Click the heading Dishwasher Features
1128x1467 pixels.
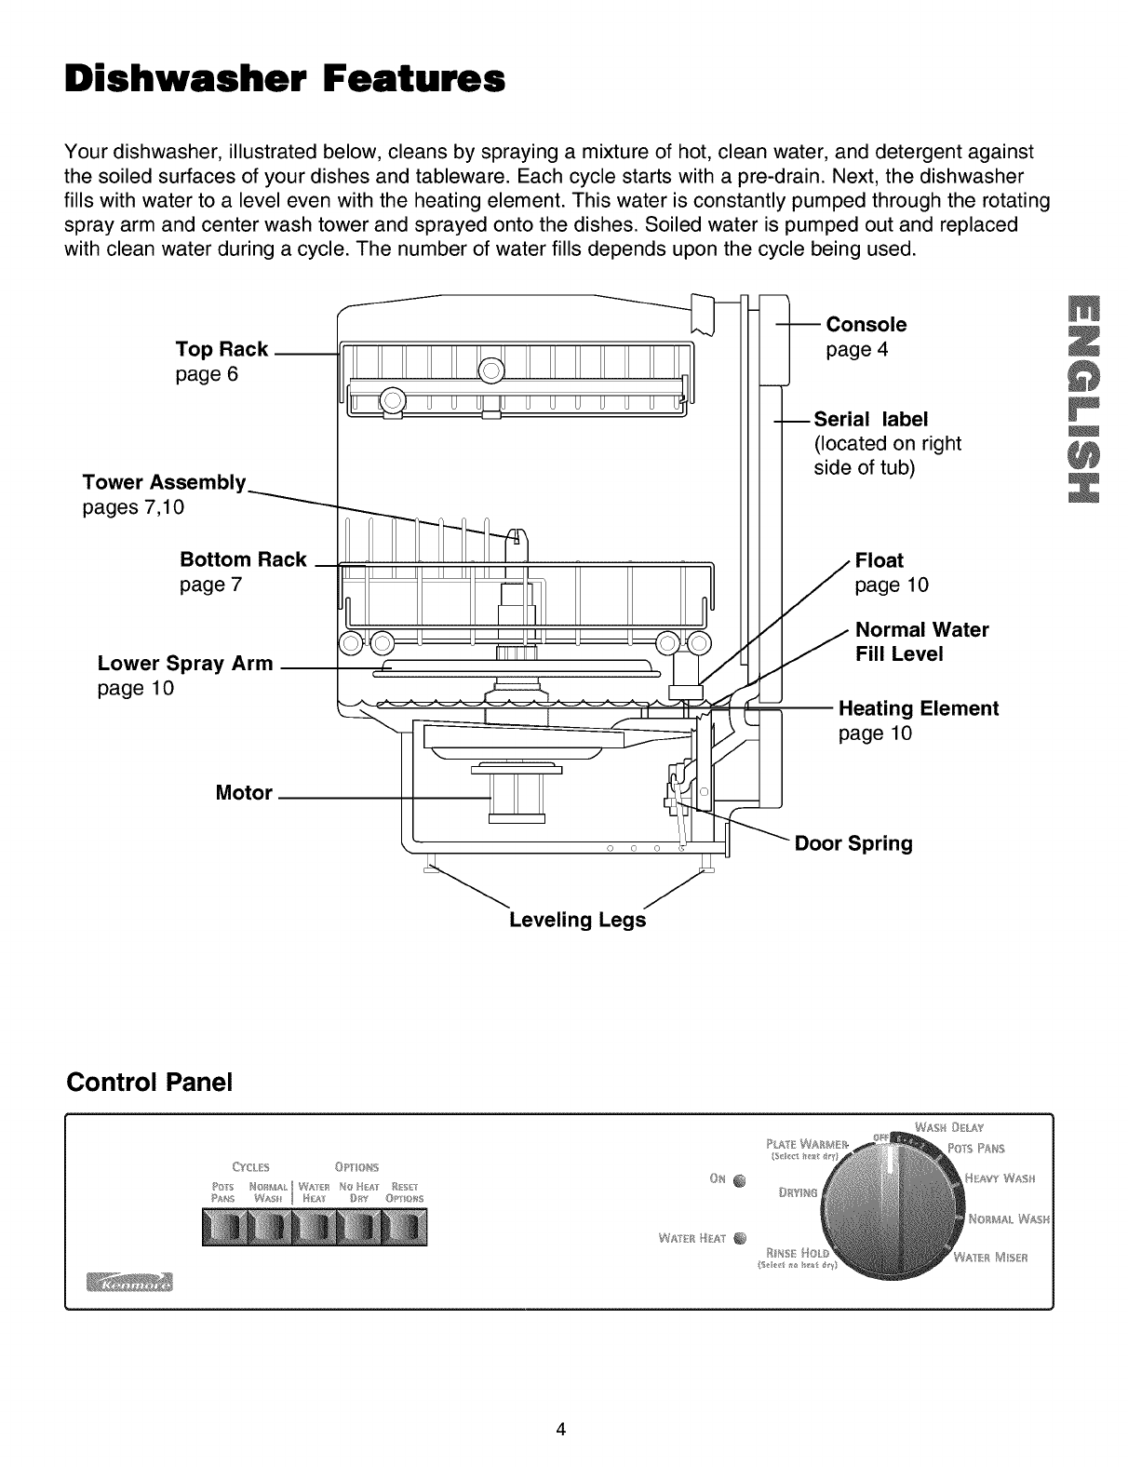tap(284, 79)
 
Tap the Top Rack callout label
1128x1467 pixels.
tap(222, 349)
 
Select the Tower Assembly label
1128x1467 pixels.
tap(164, 482)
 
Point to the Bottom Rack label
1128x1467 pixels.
tap(243, 559)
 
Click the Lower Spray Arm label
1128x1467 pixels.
tap(185, 664)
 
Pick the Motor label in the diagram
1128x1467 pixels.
tap(244, 793)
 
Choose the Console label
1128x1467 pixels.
tap(866, 325)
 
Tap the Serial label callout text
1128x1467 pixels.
tap(871, 419)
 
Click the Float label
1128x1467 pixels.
tap(879, 560)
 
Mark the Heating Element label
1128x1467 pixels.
tap(918, 708)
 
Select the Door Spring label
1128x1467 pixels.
tap(853, 843)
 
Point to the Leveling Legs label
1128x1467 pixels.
tap(577, 920)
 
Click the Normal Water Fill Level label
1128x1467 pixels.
tap(921, 641)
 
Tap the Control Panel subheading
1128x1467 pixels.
tap(149, 1083)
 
